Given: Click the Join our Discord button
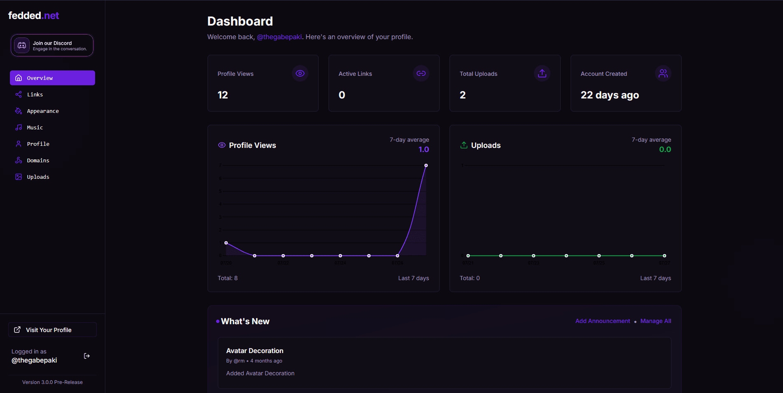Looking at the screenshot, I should tap(52, 45).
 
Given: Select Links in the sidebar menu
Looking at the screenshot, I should tap(35, 95).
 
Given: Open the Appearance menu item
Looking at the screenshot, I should tap(43, 111).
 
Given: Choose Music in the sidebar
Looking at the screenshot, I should tap(35, 128).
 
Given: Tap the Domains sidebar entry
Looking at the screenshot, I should tap(38, 161).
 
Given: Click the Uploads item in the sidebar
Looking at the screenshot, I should tap(38, 177).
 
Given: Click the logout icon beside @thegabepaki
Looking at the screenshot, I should tap(87, 356).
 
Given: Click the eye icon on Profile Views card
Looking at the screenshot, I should tap(300, 73).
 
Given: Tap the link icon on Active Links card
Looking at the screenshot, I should tap(421, 73).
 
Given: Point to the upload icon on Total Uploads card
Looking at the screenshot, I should tap(542, 73).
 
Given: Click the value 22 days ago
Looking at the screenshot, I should tap(610, 95).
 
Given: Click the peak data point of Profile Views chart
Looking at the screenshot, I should tap(426, 166).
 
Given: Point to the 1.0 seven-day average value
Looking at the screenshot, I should tap(424, 150).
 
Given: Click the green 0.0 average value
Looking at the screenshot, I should tap(665, 150).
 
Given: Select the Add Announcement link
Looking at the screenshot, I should tap(602, 321).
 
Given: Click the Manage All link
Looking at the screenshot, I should tap(656, 321).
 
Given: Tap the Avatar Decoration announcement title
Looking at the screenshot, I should tap(255, 351).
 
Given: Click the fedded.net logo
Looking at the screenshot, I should tap(34, 16).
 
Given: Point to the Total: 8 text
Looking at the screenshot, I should tap(228, 278).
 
